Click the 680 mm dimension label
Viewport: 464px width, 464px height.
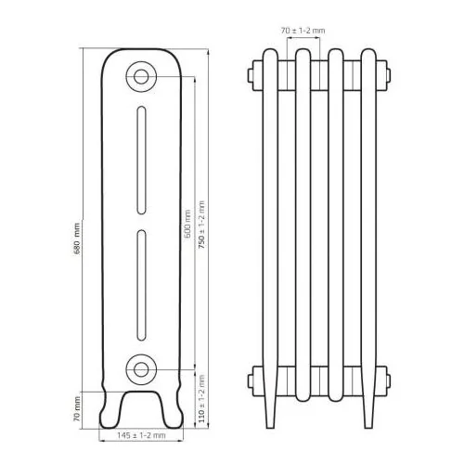[x=77, y=238]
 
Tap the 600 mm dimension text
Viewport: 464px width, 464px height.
[x=187, y=224]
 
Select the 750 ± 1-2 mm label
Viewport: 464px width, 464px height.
[x=201, y=225]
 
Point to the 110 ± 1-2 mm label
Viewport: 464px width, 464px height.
[x=201, y=399]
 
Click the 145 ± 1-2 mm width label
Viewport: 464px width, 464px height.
[x=141, y=435]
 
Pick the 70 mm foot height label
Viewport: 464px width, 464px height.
[x=77, y=409]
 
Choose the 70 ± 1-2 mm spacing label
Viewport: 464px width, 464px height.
[x=303, y=31]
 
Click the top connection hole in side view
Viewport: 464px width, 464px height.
[x=141, y=77]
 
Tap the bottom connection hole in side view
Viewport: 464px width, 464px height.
[x=141, y=369]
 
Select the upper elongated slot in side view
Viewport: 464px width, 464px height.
[x=141, y=160]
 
